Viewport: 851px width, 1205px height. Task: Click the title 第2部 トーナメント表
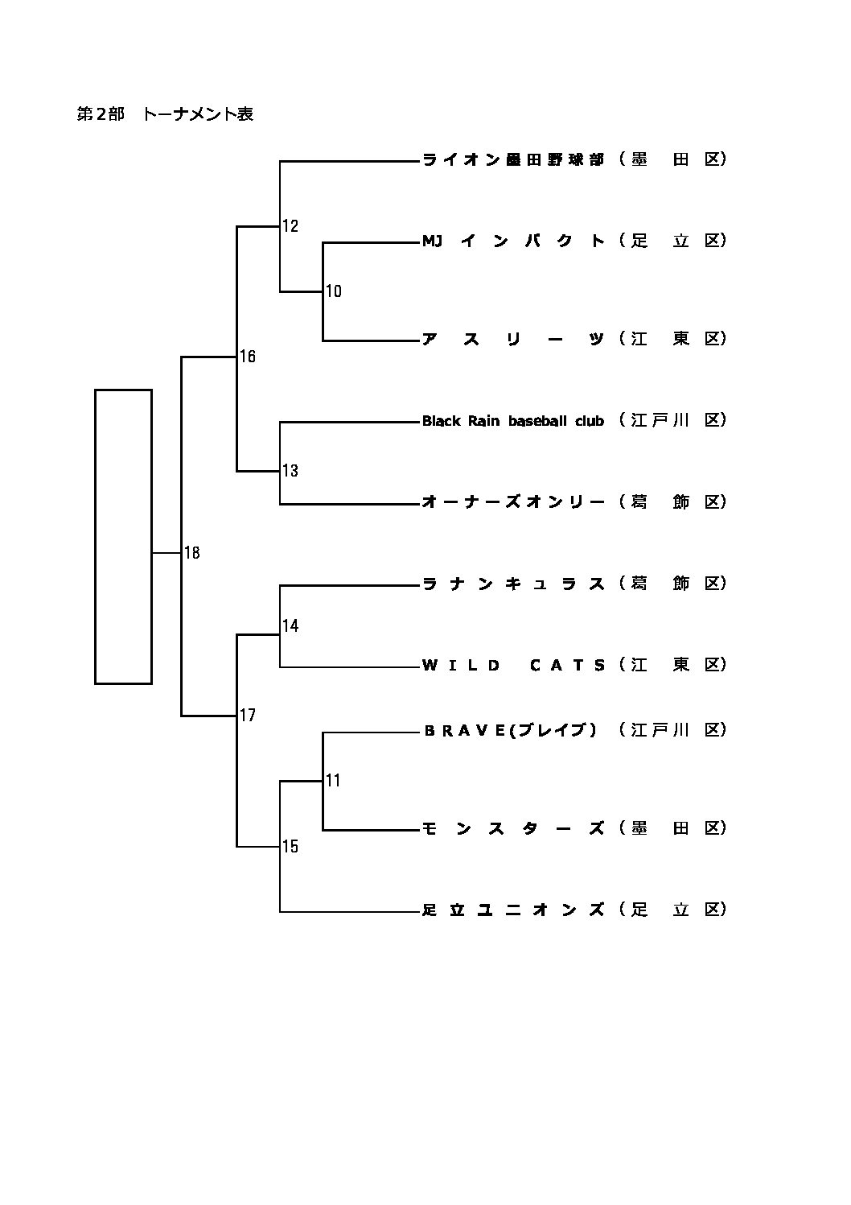pyautogui.click(x=165, y=114)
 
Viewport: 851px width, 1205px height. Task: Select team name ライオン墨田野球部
pyautogui.click(x=513, y=159)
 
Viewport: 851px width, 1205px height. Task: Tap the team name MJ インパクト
pyautogui.click(x=513, y=241)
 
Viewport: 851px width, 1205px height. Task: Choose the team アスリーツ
pyautogui.click(x=513, y=339)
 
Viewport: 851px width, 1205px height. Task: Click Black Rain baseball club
pyautogui.click(x=513, y=421)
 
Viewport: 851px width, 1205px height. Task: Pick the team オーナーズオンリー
pyautogui.click(x=513, y=502)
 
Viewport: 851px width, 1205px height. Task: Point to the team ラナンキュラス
pyautogui.click(x=513, y=584)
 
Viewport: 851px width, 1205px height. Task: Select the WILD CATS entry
pyautogui.click(x=513, y=665)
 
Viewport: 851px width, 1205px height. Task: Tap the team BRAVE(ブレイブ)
pyautogui.click(x=510, y=730)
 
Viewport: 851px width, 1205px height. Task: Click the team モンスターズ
pyautogui.click(x=513, y=828)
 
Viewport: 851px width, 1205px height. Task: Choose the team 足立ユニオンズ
pyautogui.click(x=513, y=910)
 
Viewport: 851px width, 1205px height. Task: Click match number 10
pyautogui.click(x=334, y=291)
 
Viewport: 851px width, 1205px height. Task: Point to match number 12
pyautogui.click(x=290, y=226)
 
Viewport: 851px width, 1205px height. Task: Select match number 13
pyautogui.click(x=290, y=471)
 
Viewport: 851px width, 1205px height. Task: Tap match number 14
pyautogui.click(x=290, y=625)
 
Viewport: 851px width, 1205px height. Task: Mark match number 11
pyautogui.click(x=333, y=780)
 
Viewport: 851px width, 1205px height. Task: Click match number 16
pyautogui.click(x=248, y=357)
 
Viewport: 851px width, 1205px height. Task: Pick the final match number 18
pyautogui.click(x=192, y=553)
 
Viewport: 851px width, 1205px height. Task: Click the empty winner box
pyautogui.click(x=123, y=536)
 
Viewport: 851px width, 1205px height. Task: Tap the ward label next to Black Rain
pyautogui.click(x=673, y=420)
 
